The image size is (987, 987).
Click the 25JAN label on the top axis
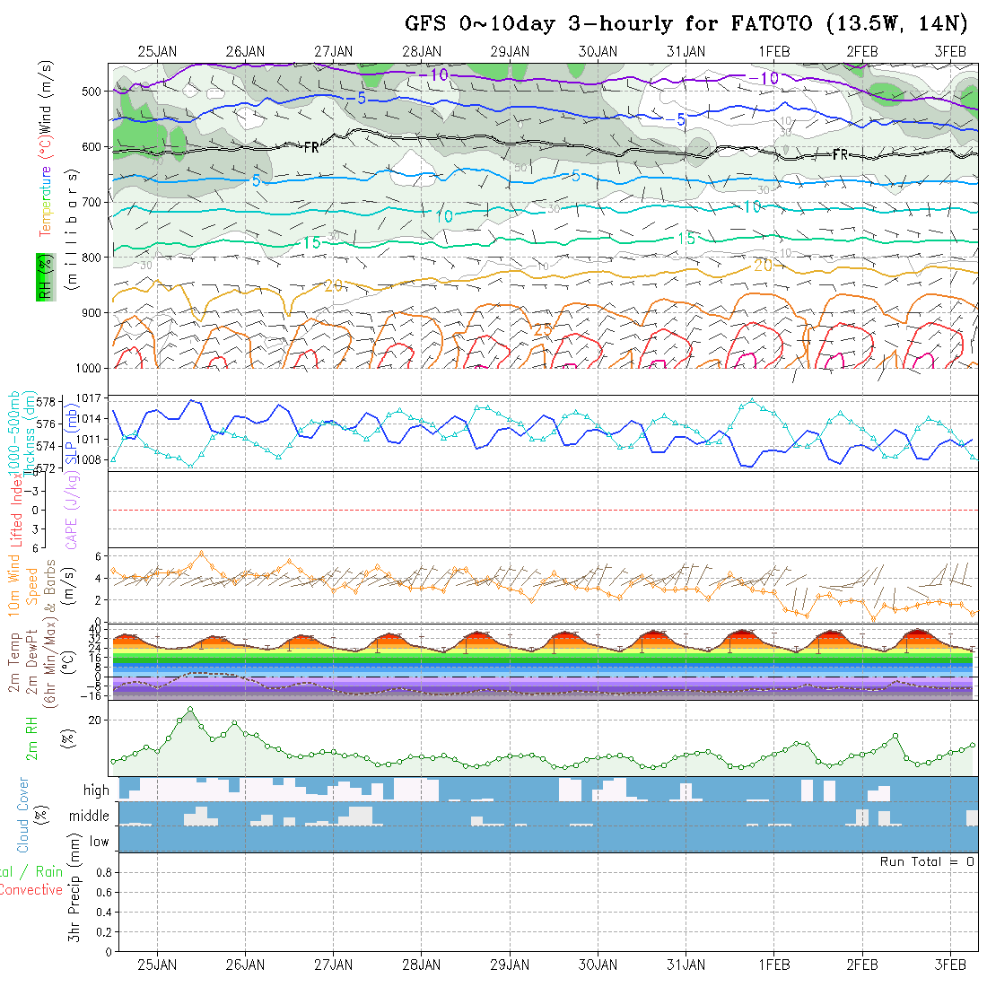pos(157,51)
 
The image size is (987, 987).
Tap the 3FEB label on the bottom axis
pos(950,965)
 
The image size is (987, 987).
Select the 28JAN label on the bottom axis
pos(421,965)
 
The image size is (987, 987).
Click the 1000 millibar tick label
pos(91,368)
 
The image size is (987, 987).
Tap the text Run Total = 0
pos(927,861)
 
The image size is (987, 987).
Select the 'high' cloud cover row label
pos(96,790)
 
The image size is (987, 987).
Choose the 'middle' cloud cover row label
pos(89,816)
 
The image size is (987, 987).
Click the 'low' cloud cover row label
pos(99,842)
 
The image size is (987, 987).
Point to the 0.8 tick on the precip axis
pos(102,872)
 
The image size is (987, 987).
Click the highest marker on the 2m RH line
pos(190,710)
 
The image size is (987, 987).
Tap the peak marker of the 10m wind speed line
pos(201,554)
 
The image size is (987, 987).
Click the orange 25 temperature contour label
pos(543,329)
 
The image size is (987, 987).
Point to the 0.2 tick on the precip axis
pos(102,931)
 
